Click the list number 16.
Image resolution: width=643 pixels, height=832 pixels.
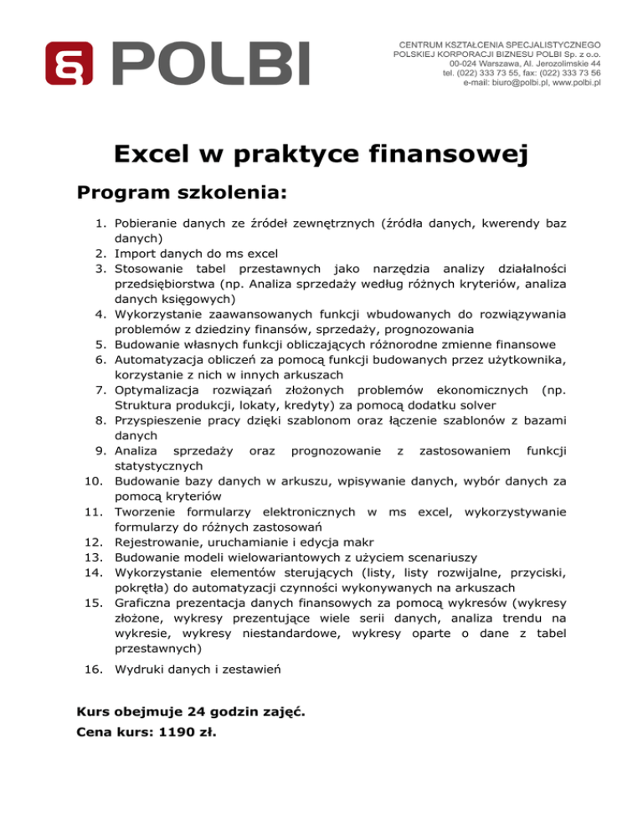[93, 670]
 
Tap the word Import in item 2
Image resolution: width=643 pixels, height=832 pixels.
[133, 253]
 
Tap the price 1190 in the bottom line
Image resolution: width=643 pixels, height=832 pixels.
[176, 732]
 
